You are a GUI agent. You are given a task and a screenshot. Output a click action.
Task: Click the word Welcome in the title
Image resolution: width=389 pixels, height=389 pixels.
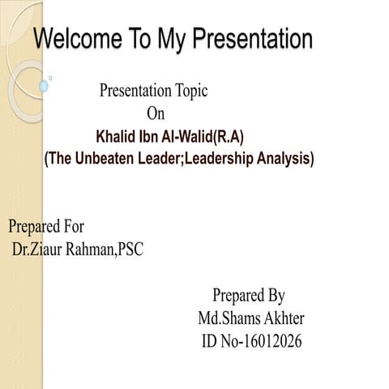pyautogui.click(x=78, y=39)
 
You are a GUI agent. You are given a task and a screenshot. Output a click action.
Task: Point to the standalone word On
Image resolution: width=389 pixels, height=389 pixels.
pyautogui.click(x=155, y=113)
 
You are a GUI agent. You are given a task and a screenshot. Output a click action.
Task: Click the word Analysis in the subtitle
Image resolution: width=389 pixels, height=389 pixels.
pyautogui.click(x=283, y=158)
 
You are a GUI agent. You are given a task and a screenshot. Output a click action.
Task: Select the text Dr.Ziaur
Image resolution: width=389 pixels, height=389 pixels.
pyautogui.click(x=40, y=249)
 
